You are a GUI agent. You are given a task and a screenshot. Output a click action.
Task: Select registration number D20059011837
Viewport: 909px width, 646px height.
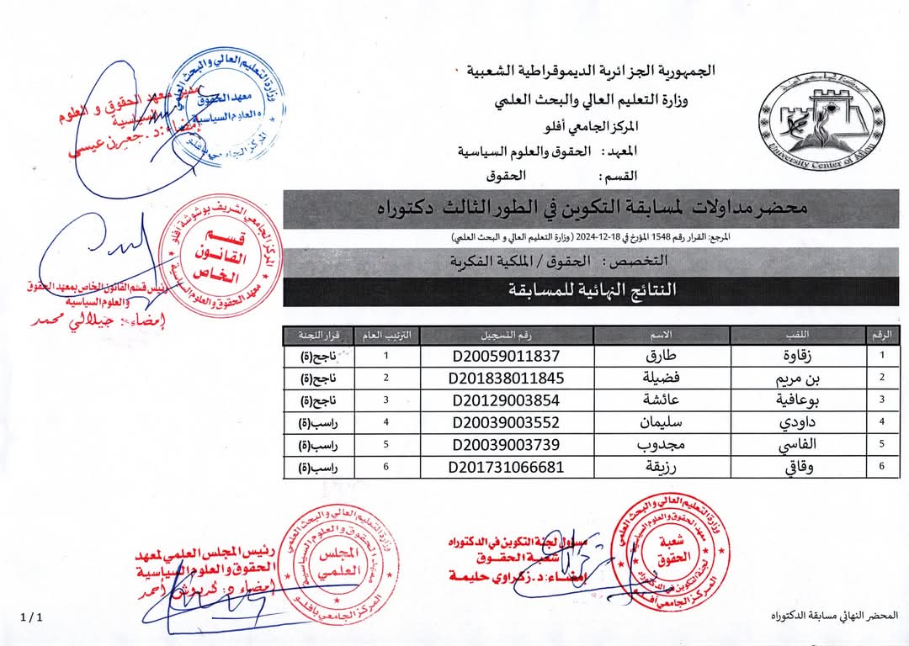click(506, 356)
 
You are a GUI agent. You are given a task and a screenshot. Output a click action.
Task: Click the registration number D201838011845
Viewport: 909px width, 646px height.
click(506, 378)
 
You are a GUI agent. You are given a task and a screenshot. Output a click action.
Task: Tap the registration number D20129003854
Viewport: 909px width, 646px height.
click(506, 400)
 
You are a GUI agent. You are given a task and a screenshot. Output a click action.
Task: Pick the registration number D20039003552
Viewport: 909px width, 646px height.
click(506, 422)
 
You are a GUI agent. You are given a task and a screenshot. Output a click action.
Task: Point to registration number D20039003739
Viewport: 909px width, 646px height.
click(506, 444)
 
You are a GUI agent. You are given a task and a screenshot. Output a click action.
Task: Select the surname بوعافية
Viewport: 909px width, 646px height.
click(785, 400)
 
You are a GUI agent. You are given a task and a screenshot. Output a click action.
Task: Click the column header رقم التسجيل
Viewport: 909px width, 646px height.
click(506, 335)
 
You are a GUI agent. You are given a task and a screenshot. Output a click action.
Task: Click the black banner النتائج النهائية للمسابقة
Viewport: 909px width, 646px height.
click(591, 291)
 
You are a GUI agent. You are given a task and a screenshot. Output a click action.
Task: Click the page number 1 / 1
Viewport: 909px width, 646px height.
click(29, 617)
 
